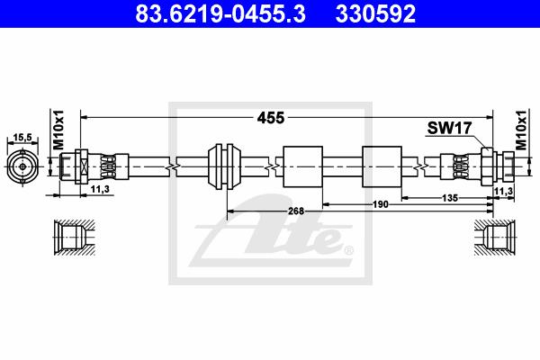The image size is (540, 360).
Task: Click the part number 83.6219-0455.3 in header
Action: (220, 13)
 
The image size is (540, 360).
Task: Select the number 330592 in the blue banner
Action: (375, 13)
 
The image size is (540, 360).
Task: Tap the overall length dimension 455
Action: (271, 118)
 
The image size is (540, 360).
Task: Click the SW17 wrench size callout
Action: (449, 128)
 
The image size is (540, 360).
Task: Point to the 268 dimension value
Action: (296, 211)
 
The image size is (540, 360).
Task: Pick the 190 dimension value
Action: (381, 204)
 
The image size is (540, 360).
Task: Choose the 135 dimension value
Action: (450, 198)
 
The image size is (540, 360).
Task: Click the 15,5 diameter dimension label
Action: (22, 138)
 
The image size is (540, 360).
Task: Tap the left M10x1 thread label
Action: (58, 130)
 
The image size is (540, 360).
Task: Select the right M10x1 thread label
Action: (521, 130)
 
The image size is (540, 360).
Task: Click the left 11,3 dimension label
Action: (100, 189)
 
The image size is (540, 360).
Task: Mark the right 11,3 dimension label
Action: (503, 191)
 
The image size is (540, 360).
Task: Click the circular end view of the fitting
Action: (22, 166)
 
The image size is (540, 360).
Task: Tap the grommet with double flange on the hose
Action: (224, 166)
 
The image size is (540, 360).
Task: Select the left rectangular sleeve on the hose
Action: (302, 166)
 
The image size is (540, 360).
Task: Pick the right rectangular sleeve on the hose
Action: (382, 166)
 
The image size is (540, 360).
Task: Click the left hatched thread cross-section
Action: (74, 238)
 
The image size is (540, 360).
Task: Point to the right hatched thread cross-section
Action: (494, 238)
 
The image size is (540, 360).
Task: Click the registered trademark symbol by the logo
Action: (349, 250)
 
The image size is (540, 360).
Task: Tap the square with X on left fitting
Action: (84, 166)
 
